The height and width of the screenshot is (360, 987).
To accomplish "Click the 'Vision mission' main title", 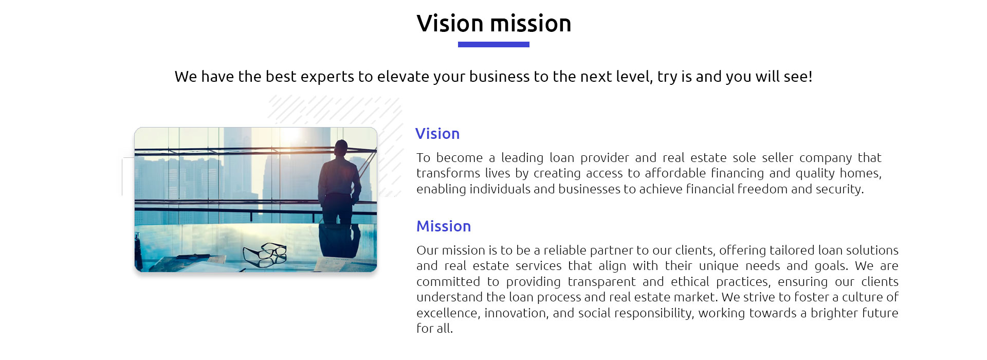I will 493,24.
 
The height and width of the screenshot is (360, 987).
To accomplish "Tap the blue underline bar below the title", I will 493,45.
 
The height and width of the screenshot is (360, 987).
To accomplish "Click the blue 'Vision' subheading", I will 437,134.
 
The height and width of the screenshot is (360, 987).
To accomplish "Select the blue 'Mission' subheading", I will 444,226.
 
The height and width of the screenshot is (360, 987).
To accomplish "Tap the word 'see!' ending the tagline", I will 798,77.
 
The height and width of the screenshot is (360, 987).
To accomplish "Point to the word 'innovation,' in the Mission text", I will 516,313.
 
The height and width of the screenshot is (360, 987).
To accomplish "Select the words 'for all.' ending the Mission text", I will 434,329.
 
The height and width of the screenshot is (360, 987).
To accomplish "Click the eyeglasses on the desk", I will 265,254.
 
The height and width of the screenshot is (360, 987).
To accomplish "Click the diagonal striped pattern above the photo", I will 334,111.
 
